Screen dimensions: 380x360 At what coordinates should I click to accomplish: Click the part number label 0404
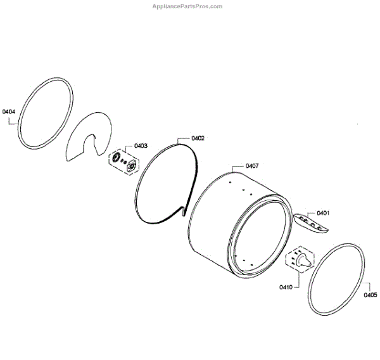point(9,112)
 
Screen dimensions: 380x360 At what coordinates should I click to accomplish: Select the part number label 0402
point(198,138)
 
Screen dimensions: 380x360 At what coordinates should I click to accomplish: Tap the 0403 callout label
point(141,146)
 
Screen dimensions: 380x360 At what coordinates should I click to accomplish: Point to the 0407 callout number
point(252,166)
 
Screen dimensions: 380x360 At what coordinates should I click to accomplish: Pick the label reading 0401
point(323,213)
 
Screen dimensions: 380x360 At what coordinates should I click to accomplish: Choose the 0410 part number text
point(286,287)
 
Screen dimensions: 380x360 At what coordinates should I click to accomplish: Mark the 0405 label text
point(370,295)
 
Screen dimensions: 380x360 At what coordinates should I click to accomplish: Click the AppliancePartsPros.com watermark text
point(187,6)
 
